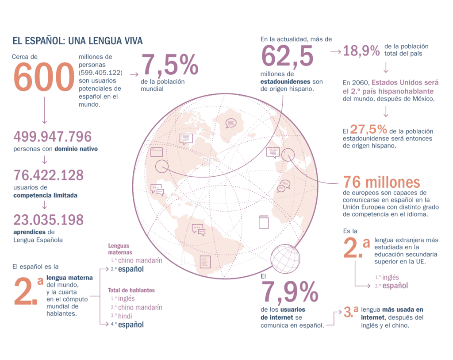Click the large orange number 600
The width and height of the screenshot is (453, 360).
click(43, 77)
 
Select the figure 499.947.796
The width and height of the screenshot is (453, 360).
click(52, 136)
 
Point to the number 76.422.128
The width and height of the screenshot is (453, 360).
click(48, 175)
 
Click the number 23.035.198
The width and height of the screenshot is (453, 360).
click(48, 219)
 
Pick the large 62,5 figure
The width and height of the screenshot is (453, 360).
click(287, 56)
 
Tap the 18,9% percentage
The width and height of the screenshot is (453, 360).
click(361, 51)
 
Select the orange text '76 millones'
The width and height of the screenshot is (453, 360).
click(381, 182)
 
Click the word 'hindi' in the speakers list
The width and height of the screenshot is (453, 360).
click(125, 316)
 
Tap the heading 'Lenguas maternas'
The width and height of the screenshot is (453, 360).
click(120, 249)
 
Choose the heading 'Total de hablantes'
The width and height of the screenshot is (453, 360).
click(131, 290)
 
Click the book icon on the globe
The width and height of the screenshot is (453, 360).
click(263, 221)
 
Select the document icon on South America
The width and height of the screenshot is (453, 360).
click(205, 261)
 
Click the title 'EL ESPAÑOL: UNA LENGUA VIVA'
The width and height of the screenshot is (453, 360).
click(77, 41)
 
